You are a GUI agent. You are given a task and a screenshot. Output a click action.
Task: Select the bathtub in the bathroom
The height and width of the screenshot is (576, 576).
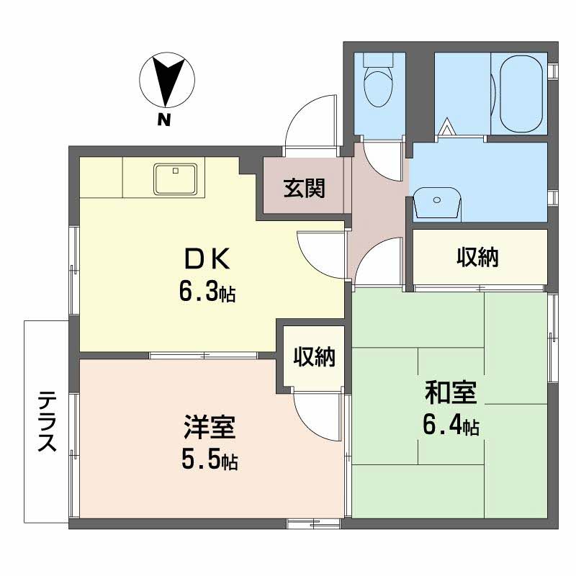(521, 94)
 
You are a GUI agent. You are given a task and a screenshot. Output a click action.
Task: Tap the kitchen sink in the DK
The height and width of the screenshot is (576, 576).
(175, 179)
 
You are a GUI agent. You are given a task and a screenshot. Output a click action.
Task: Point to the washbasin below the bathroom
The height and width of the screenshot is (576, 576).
(436, 204)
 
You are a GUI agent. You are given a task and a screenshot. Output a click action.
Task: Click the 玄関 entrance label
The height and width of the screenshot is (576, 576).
(305, 188)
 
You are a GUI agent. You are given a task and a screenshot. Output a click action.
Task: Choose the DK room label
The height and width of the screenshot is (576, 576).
(207, 258)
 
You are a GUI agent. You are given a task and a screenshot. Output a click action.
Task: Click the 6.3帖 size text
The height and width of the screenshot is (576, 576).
(207, 291)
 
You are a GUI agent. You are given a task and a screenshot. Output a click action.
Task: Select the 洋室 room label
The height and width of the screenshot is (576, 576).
(210, 427)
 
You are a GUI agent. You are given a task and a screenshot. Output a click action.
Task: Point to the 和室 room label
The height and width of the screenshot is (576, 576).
(451, 392)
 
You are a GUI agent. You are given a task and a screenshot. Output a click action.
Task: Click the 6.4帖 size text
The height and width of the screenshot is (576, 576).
(451, 425)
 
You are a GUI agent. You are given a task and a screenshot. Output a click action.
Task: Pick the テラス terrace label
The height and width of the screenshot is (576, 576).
(47, 421)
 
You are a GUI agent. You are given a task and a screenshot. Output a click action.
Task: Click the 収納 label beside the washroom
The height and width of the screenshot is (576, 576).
(477, 257)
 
